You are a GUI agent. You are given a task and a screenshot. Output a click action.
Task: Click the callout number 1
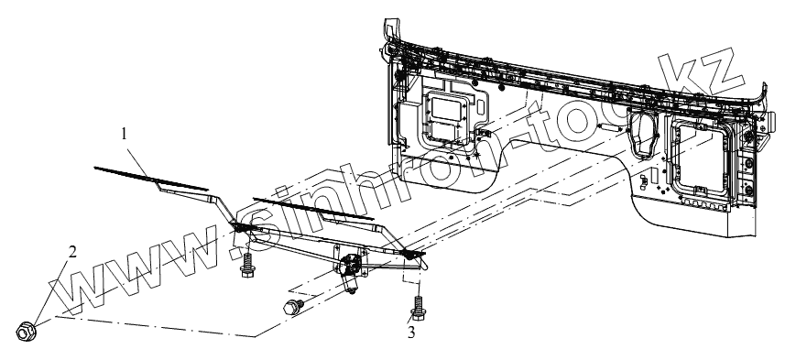pyautogui.click(x=125, y=134)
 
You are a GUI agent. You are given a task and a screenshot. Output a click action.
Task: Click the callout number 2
pyautogui.click(x=72, y=252)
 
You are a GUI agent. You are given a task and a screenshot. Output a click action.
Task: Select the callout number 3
pyautogui.click(x=411, y=333)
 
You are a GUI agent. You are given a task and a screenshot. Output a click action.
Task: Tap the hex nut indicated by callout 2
pyautogui.click(x=26, y=332)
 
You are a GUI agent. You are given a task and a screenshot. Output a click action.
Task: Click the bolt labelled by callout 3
pyautogui.click(x=418, y=308)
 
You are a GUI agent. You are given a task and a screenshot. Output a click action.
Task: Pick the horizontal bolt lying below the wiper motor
pyautogui.click(x=293, y=306)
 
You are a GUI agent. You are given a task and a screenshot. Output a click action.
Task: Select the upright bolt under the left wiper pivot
pyautogui.click(x=247, y=265)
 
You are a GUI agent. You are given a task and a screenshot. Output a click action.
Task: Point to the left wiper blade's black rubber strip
pyautogui.click(x=151, y=179)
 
